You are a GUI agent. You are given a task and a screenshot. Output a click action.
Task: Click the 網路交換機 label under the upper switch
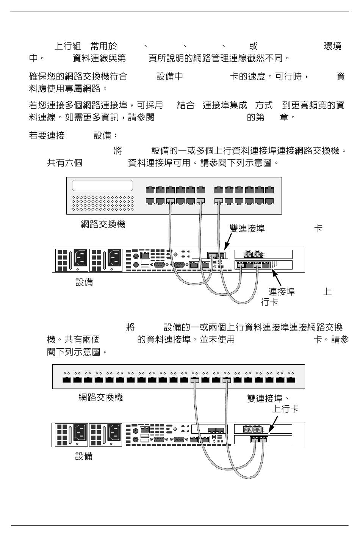coord(103,224)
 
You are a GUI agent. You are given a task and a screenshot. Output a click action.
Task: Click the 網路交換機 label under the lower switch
coord(100,398)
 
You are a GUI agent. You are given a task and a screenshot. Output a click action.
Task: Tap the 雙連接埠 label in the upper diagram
coord(247,228)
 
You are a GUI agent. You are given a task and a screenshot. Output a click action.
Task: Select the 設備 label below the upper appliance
coord(84,282)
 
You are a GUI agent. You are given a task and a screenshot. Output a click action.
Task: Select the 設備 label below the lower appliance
coord(84,456)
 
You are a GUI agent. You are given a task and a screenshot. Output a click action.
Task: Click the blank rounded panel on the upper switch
coord(102,186)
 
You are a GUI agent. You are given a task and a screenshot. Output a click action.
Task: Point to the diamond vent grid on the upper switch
coord(103,203)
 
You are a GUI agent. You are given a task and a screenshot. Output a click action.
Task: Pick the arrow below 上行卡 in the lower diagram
coord(273,423)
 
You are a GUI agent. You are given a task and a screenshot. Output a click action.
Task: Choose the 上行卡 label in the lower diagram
coord(285,409)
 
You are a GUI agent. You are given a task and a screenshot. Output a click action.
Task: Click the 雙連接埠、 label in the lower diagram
coord(268,398)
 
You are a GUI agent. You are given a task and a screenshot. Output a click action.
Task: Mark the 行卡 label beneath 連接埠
coord(270,302)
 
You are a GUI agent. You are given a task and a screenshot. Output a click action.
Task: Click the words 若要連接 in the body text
coord(47,135)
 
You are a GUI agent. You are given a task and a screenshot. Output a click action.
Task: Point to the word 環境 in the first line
coord(332,46)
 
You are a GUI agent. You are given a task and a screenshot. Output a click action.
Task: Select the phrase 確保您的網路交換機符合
coord(78,77)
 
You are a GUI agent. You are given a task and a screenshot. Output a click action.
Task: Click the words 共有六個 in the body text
coord(64,163)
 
